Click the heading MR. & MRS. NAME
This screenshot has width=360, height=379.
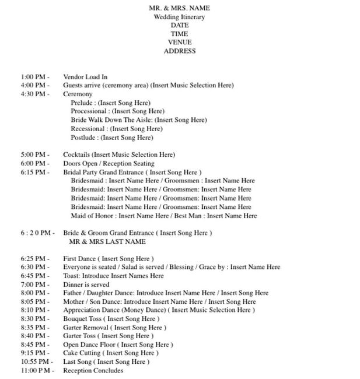click(179, 8)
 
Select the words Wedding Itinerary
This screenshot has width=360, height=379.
click(179, 17)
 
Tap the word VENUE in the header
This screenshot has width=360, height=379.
click(179, 43)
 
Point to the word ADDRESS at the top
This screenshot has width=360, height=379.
click(179, 51)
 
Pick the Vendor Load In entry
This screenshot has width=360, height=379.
click(85, 77)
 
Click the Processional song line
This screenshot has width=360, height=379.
click(117, 111)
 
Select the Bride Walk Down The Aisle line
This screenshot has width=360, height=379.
click(138, 120)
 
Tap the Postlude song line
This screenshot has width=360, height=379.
click(112, 138)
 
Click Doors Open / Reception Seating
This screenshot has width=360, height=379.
click(109, 164)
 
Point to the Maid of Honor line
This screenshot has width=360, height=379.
click(163, 216)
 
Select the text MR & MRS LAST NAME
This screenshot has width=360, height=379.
click(107, 241)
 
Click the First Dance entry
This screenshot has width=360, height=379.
click(108, 258)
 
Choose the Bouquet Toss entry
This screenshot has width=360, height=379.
click(110, 319)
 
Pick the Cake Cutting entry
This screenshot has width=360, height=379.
click(110, 353)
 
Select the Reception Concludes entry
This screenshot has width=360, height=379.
click(93, 370)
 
